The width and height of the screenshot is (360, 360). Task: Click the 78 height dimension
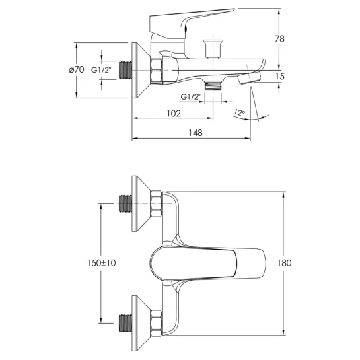279,39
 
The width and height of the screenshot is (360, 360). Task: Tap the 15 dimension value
280,76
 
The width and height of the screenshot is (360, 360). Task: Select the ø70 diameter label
77,69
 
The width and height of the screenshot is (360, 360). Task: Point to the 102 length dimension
174,114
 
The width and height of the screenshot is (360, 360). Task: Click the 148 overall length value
196,133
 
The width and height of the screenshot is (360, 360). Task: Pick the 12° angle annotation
240,113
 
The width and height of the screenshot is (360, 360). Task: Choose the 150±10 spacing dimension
101,263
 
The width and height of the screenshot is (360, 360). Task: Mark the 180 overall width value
284,263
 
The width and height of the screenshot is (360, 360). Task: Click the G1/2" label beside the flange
101,70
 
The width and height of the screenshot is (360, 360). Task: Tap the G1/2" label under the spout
190,97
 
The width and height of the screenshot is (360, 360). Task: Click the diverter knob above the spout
213,49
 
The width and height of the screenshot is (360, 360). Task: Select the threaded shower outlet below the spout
213,86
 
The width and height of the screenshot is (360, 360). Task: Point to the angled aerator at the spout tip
249,78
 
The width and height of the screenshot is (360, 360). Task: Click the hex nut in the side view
156,71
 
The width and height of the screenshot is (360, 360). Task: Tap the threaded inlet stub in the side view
126,71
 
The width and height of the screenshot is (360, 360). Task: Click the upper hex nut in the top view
156,204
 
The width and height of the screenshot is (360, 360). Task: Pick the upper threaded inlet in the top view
126,203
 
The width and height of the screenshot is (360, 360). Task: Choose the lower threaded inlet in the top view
126,323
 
